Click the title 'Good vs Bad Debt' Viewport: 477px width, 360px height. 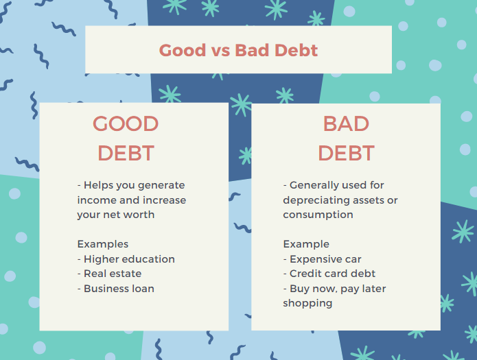click(238, 50)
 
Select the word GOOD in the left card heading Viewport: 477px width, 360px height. click(126, 123)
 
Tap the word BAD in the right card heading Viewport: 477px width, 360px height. click(346, 123)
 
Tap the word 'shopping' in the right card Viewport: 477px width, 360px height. click(307, 304)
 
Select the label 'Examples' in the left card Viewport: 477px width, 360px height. click(103, 245)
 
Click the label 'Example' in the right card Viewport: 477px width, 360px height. click(306, 245)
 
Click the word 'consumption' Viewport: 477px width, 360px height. click(318, 215)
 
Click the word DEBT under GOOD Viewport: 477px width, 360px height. click(126, 153)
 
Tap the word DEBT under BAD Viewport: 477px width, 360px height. click(346, 153)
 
